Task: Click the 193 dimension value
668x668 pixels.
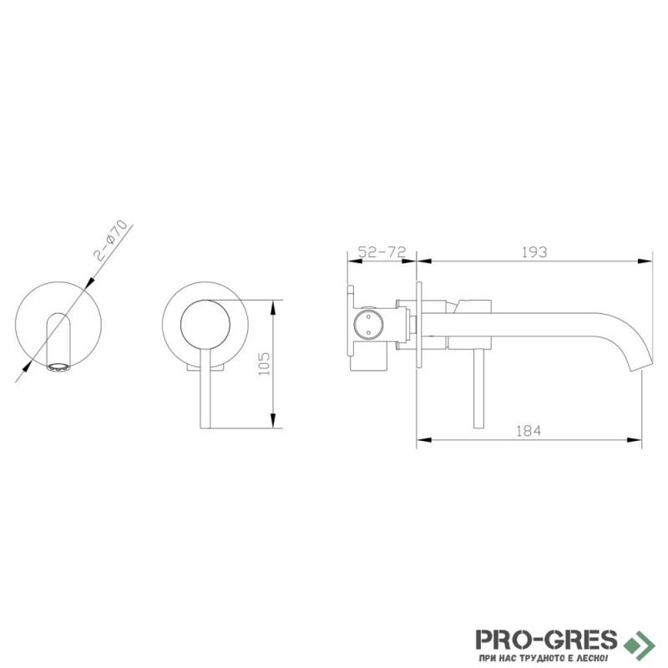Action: point(534,252)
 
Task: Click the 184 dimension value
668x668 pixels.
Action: point(529,431)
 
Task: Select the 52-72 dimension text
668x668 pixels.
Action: point(382,252)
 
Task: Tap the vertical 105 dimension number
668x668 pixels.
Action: point(264,363)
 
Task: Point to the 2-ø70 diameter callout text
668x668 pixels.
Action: point(111,240)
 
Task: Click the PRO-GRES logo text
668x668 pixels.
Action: point(546,640)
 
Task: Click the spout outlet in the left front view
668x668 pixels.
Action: point(58,367)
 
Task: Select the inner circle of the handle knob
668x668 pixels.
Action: point(205,324)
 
